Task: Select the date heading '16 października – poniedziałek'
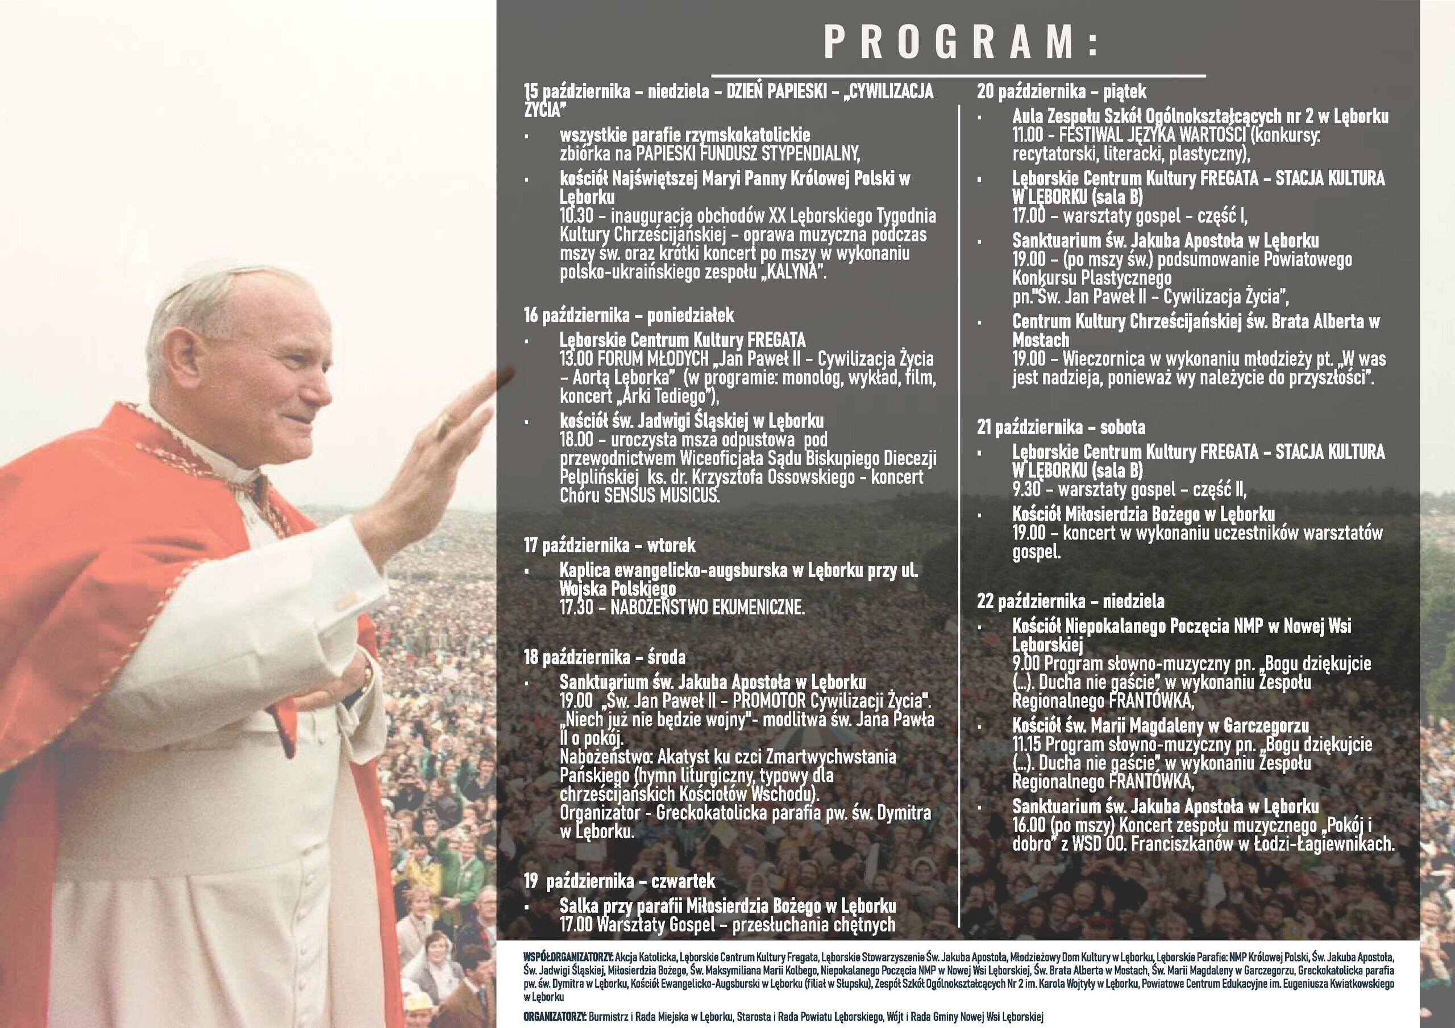(x=629, y=315)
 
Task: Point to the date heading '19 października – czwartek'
(x=619, y=880)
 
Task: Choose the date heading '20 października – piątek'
(x=1062, y=92)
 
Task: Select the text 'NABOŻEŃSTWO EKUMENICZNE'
(x=706, y=608)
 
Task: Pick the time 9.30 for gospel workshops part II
(x=1026, y=490)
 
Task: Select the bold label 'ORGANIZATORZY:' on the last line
(x=555, y=1017)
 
